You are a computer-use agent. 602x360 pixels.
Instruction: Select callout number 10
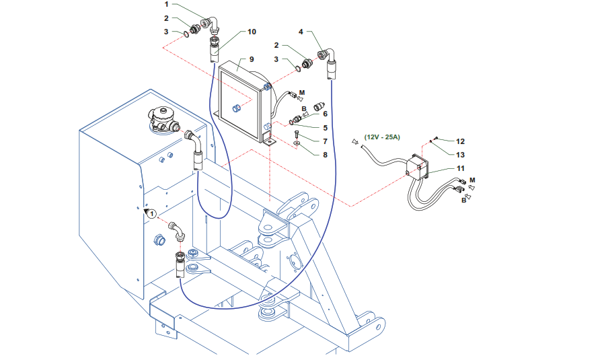[x=252, y=32]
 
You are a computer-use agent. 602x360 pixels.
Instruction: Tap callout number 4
[x=301, y=32]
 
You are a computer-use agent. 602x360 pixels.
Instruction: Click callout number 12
[x=460, y=142]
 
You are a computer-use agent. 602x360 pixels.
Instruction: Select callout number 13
[x=460, y=155]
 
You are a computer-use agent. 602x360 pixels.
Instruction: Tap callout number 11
[x=460, y=168]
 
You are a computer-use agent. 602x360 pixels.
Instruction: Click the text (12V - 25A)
[x=381, y=137]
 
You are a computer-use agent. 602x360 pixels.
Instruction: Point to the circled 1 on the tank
[x=152, y=213]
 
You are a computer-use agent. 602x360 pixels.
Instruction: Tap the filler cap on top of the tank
[x=162, y=119]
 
